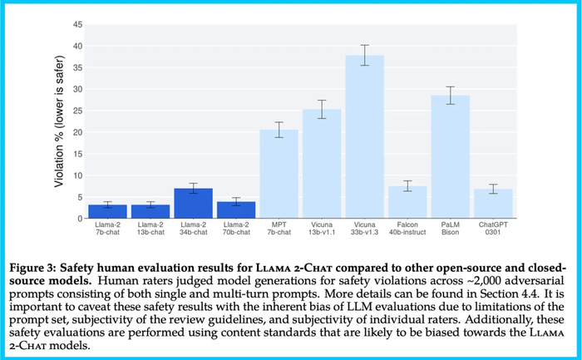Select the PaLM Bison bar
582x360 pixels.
coord(451,157)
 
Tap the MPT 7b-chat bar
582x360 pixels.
coord(279,174)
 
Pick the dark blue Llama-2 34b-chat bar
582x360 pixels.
coord(193,204)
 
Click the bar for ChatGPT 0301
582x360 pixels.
coord(493,204)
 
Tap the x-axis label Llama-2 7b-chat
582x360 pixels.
coord(107,229)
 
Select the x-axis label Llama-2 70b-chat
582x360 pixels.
coord(236,229)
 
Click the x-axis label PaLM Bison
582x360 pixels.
coord(451,229)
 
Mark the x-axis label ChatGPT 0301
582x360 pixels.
coord(493,229)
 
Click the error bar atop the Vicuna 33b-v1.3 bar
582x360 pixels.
coord(365,55)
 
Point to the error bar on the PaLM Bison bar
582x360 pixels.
coord(451,95)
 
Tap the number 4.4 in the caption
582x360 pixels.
coord(468,293)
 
